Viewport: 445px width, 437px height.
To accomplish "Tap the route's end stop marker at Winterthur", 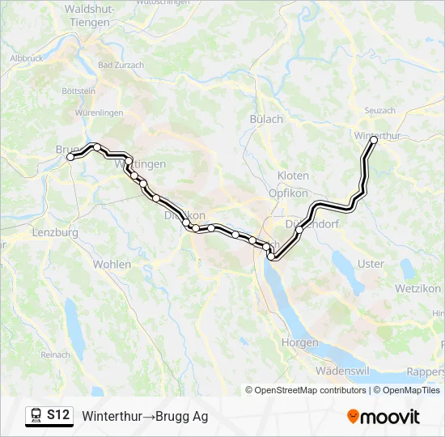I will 374,140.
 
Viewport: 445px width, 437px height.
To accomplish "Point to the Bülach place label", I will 266,119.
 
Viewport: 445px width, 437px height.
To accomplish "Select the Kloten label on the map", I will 293,176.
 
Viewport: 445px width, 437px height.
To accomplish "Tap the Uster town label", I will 371,264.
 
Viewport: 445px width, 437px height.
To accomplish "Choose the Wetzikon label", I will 417,288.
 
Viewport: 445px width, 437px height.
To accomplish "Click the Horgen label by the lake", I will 299,342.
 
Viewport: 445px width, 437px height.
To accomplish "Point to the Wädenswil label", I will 342,370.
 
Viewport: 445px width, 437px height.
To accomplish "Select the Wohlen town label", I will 112,264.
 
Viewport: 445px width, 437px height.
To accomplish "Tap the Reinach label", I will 55,354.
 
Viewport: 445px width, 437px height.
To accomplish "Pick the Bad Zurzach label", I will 121,65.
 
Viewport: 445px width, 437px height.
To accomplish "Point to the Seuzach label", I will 379,110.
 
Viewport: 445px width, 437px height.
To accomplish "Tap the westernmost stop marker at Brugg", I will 70,157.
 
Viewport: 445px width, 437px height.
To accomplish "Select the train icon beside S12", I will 36,415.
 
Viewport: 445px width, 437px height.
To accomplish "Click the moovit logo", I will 384,417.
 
